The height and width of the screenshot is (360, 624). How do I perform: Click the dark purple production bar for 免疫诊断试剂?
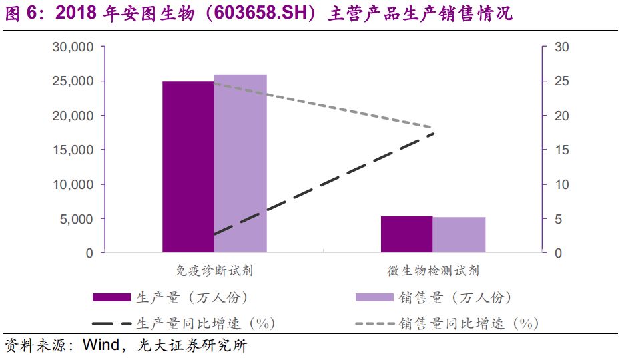coord(188,167)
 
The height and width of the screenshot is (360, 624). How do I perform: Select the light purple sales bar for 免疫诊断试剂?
coord(240,164)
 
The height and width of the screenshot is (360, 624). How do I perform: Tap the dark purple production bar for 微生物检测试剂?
coord(406,234)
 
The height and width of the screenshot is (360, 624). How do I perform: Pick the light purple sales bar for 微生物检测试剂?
coord(459,235)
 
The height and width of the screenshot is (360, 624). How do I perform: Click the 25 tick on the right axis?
coord(561,81)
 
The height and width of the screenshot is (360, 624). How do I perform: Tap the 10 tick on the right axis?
coord(561,184)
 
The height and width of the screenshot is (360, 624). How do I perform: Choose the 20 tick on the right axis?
coord(561,116)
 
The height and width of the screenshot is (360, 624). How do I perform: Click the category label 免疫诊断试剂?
coord(214,271)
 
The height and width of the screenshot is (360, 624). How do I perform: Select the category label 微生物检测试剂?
coord(433,271)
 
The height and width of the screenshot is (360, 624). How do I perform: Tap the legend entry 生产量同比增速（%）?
coord(206,323)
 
